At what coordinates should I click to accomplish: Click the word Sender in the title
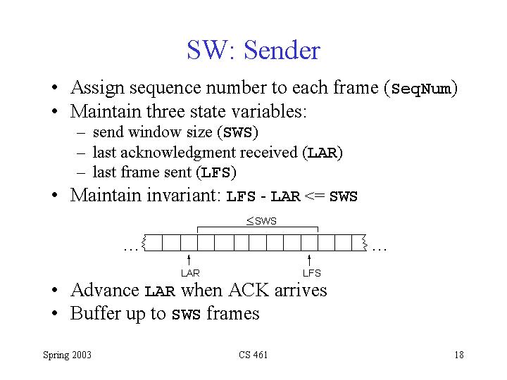coord(282,50)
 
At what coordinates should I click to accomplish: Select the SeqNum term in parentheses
coord(420,89)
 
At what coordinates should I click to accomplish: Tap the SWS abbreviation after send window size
coord(238,132)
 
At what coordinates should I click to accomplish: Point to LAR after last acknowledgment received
coord(323,153)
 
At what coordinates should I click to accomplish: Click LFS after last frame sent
coord(216,172)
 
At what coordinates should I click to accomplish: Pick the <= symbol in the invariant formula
coord(315,196)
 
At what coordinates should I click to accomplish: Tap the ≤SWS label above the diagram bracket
coord(261,221)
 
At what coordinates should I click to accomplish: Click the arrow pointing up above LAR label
coord(189,260)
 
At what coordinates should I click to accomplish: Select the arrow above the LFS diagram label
coord(309,260)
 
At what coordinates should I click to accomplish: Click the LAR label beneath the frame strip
coord(190,273)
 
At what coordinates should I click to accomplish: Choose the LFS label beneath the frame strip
coord(312,273)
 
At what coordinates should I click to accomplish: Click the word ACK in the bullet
coord(249,289)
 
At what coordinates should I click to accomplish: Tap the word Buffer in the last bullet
coord(95,312)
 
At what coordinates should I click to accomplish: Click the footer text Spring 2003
coord(68,355)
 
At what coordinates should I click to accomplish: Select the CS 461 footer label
coord(254,355)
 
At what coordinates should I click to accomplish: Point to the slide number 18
coord(459,355)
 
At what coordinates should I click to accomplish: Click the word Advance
coord(105,289)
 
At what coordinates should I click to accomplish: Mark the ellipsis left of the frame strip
coord(131,249)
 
